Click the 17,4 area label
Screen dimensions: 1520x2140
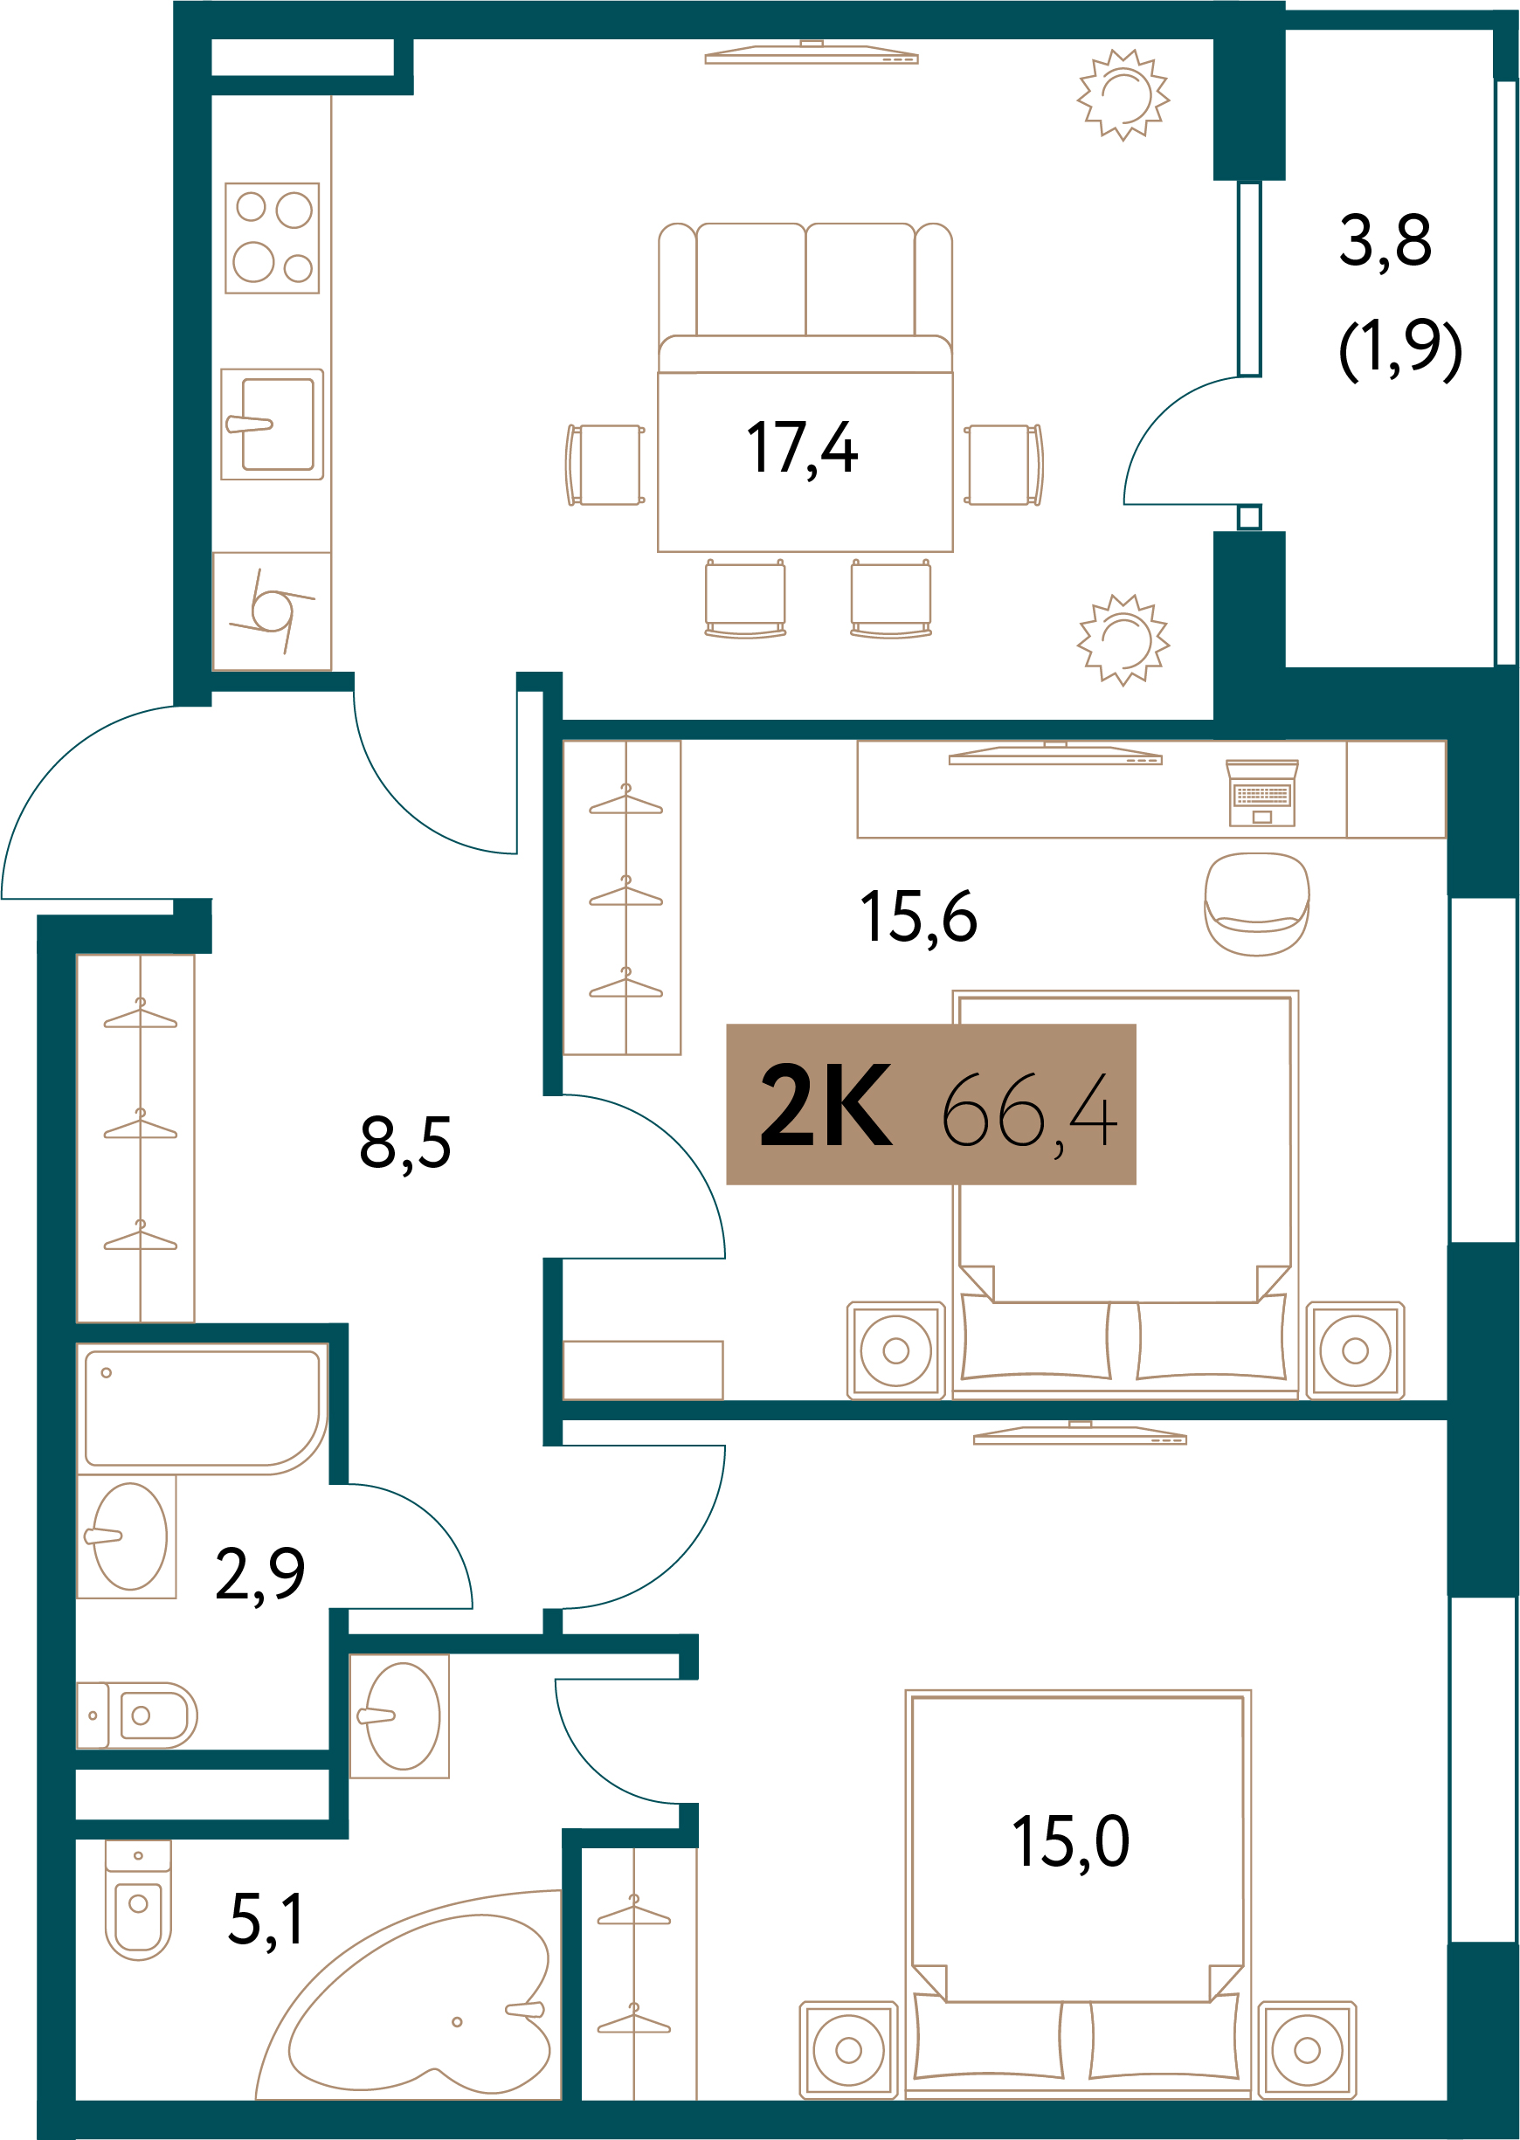(801, 449)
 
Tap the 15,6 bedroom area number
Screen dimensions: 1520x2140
(918, 917)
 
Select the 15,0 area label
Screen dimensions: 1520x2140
(1071, 1842)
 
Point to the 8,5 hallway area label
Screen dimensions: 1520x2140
(405, 1143)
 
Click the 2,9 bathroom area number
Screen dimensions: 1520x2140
(260, 1575)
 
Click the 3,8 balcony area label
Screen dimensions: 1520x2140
(1385, 241)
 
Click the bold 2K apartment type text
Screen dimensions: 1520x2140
(826, 1106)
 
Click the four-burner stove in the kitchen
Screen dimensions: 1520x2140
(273, 238)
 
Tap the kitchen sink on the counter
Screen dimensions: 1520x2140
(273, 424)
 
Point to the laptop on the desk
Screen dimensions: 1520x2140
(1261, 792)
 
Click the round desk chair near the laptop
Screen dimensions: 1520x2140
(1257, 904)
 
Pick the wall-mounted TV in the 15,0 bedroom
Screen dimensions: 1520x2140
(1080, 1433)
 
